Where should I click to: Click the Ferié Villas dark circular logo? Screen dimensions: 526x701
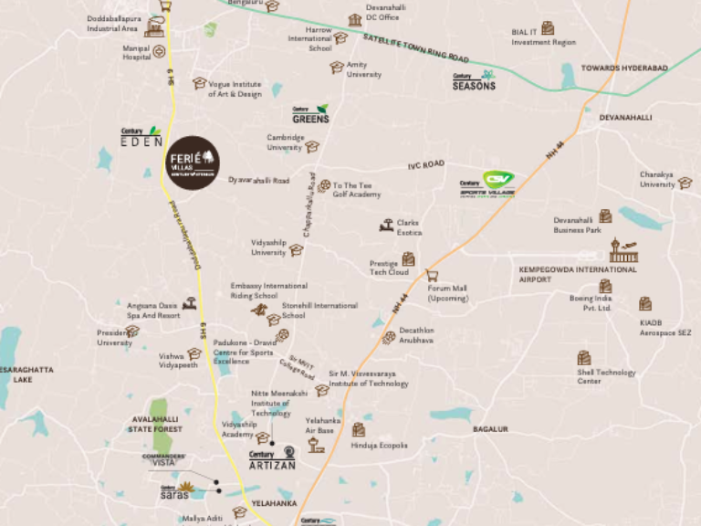coord(194,163)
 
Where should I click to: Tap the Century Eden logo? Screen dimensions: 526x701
coord(141,137)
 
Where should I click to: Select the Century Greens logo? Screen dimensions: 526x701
coord(310,114)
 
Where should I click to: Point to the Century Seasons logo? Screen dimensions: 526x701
coord(475,81)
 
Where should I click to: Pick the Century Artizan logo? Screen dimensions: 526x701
coord(273,459)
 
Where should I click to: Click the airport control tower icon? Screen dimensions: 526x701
coord(623,250)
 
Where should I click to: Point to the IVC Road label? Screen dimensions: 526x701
coord(425,164)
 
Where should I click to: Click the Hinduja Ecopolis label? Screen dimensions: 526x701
coord(380,445)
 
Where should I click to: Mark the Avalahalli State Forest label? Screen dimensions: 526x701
coord(155,424)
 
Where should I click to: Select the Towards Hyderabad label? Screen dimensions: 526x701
coord(625,68)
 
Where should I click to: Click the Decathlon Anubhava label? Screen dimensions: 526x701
coord(416,335)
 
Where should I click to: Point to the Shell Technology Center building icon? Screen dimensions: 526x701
coord(584,358)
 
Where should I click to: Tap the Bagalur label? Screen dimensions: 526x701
coord(490,428)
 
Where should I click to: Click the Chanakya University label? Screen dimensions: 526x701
coord(657,179)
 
